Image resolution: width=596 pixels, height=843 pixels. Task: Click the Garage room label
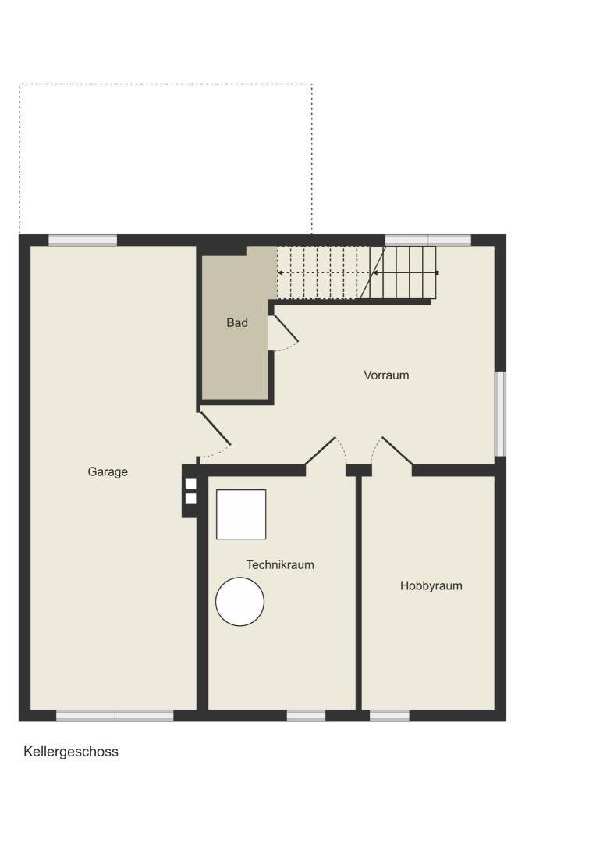click(x=108, y=472)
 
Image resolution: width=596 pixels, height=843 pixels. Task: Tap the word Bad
click(x=237, y=322)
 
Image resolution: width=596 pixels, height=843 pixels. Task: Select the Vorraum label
click(x=386, y=375)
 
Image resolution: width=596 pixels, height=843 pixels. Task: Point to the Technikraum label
click(x=280, y=564)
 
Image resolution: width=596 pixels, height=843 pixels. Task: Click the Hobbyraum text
click(x=431, y=585)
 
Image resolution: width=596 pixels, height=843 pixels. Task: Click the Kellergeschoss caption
click(x=71, y=752)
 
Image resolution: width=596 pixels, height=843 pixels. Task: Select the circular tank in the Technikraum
click(x=239, y=602)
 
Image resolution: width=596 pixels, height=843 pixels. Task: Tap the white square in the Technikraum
click(x=241, y=514)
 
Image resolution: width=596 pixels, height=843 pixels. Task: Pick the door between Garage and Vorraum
click(x=215, y=429)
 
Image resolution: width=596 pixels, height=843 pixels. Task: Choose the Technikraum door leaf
click(x=321, y=450)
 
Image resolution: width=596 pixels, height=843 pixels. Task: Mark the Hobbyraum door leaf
click(x=397, y=450)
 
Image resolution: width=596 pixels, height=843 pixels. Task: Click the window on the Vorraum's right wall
click(x=500, y=414)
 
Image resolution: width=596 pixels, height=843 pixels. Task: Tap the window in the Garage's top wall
click(x=83, y=240)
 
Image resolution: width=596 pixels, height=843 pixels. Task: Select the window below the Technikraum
click(x=307, y=716)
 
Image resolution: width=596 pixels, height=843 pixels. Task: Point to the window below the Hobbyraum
click(x=389, y=716)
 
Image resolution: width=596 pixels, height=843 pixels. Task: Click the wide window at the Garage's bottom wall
click(x=115, y=716)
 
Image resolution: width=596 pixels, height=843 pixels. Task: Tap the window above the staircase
click(x=428, y=240)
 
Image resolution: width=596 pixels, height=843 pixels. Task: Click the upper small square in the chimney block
click(x=191, y=485)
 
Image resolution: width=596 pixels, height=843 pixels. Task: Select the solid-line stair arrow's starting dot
click(x=437, y=272)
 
